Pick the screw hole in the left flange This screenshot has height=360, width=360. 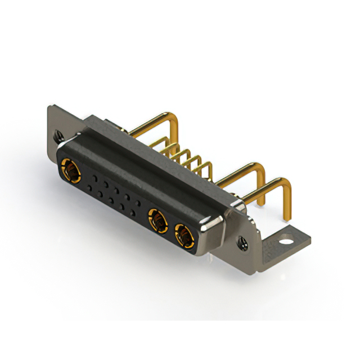[57, 136]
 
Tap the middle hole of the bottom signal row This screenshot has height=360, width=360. [111, 200]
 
